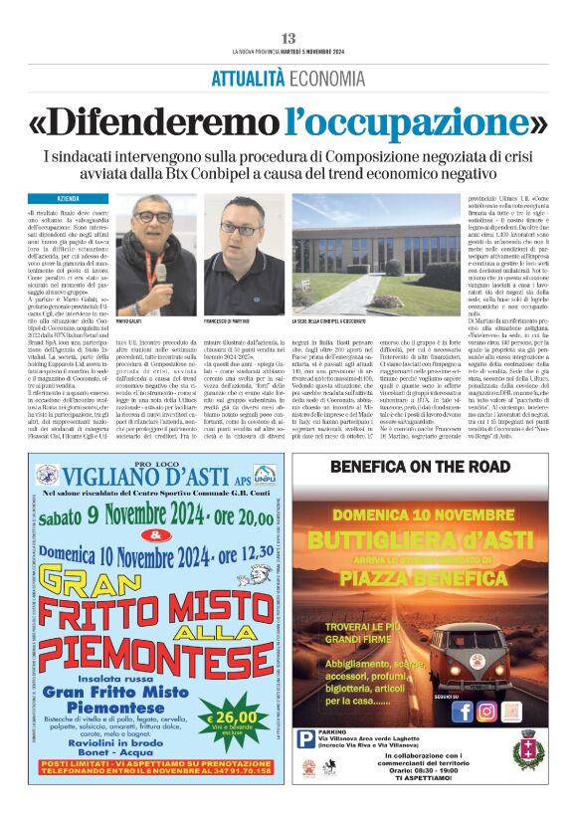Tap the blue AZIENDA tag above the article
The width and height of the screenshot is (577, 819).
pyautogui.click(x=68, y=199)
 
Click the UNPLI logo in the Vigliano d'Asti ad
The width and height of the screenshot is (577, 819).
pyautogui.click(x=263, y=474)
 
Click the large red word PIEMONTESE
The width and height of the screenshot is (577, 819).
pyautogui.click(x=149, y=657)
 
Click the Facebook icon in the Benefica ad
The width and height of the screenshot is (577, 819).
pyautogui.click(x=462, y=712)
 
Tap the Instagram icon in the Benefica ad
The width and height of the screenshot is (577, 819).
pyautogui.click(x=486, y=712)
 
